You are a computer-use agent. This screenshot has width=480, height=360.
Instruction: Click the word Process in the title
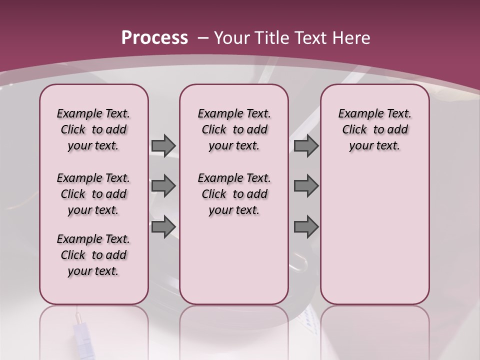click(x=154, y=37)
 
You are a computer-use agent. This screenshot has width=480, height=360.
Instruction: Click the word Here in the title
click(x=352, y=37)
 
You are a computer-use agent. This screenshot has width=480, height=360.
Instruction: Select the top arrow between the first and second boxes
click(x=163, y=145)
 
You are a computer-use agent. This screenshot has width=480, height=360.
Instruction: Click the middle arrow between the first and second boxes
click(x=163, y=186)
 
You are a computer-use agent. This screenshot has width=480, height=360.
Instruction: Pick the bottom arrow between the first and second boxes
click(x=163, y=226)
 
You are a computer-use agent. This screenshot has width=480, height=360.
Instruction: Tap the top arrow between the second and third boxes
click(x=306, y=145)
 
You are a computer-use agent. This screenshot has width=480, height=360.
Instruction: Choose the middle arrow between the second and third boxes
click(x=306, y=186)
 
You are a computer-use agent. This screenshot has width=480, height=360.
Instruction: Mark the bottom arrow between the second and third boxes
click(x=306, y=226)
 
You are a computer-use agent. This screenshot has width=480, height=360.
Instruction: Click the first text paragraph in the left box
click(x=93, y=129)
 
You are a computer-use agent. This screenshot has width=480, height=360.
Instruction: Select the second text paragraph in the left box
click(x=93, y=194)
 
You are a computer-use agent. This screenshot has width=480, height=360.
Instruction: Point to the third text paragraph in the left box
click(x=93, y=255)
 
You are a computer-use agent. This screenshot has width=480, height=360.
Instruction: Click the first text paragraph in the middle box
click(x=234, y=129)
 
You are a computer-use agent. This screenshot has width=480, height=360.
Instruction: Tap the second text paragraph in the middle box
click(x=234, y=194)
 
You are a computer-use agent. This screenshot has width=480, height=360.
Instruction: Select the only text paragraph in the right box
click(x=375, y=129)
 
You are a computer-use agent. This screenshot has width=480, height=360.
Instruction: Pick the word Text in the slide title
click(x=310, y=37)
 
